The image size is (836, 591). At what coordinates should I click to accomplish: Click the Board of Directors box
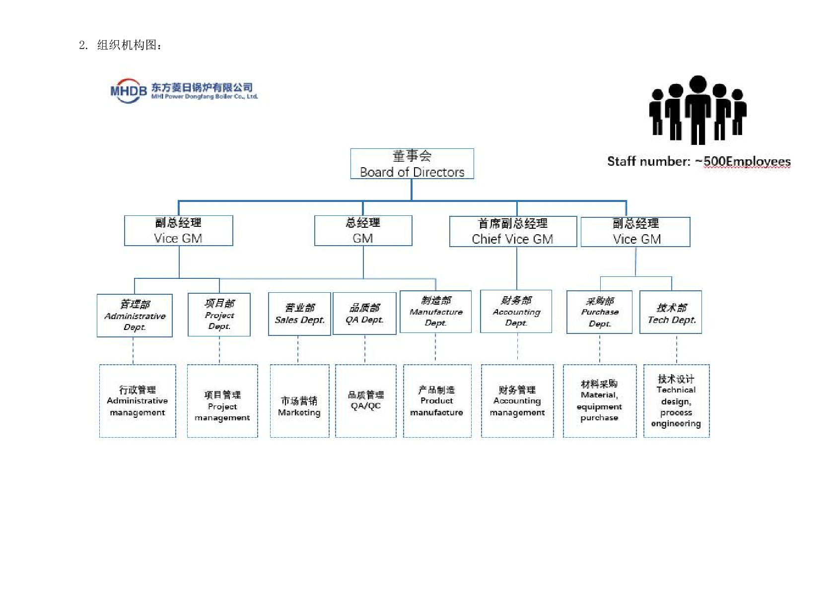coord(412,164)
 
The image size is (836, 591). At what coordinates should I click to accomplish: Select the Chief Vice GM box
coord(513,231)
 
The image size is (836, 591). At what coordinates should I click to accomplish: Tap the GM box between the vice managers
coord(363,231)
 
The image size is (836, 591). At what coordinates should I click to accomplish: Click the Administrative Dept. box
coord(135,316)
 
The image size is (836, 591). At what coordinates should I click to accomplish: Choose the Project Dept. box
coord(219,315)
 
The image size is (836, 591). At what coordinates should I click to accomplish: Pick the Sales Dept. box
coord(299,314)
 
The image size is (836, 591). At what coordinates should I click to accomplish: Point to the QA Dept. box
coord(364,314)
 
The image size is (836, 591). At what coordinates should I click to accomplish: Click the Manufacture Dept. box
coord(435,312)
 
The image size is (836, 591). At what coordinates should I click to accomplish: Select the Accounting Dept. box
coord(516,312)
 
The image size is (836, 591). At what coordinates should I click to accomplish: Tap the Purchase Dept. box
coord(599,312)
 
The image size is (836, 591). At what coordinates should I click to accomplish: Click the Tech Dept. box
coord(671,313)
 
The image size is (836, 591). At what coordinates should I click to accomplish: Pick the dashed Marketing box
coord(299,401)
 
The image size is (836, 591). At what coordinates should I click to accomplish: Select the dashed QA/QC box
coord(365,401)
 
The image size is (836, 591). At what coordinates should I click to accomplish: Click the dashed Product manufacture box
coord(437,401)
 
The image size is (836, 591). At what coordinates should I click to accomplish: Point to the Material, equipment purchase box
coord(599,401)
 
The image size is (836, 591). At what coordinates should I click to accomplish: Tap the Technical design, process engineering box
coord(676,401)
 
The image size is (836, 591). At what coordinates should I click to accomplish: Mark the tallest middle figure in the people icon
coord(698,109)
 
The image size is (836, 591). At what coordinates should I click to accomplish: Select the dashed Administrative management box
coord(138,401)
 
